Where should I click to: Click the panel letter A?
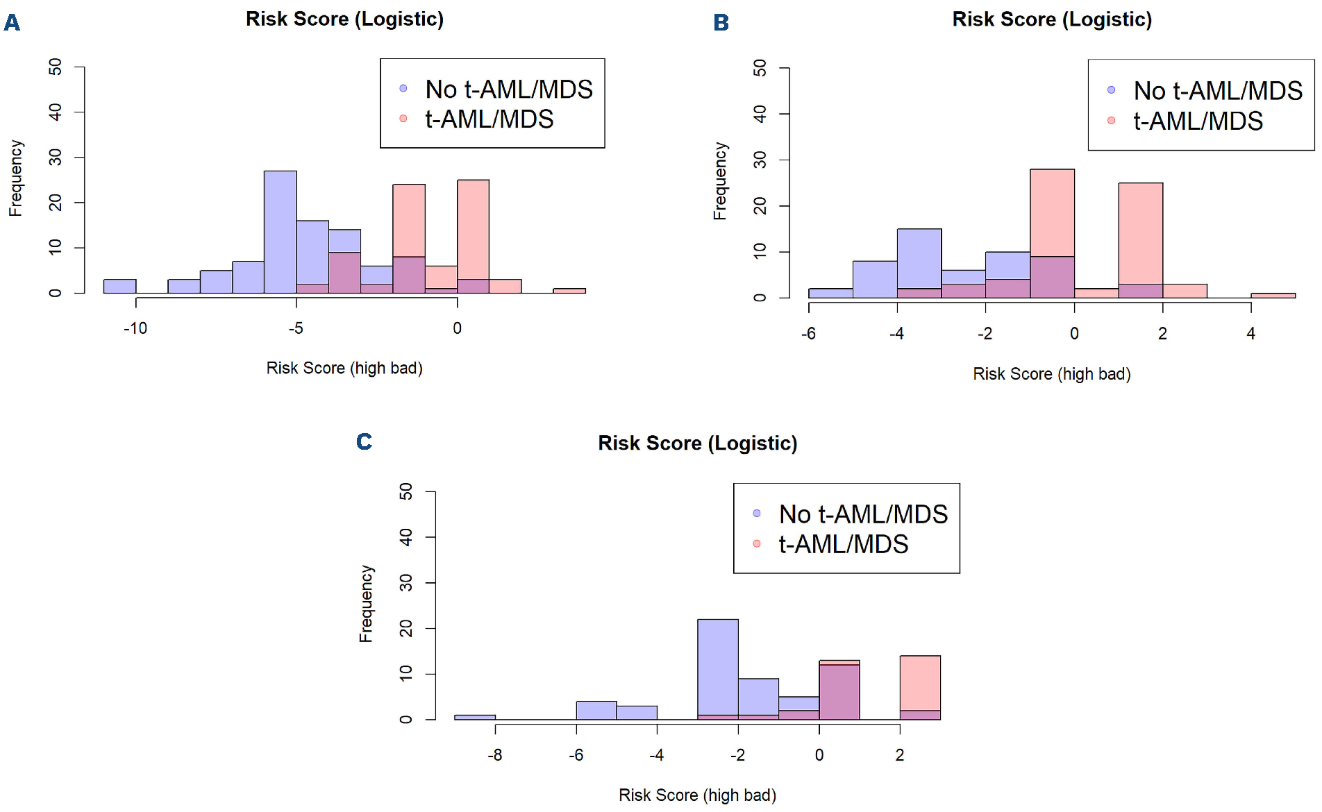coord(12,23)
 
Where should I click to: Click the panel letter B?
coord(721,23)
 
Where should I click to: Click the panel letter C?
coord(364,441)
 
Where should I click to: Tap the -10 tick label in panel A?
coord(135,328)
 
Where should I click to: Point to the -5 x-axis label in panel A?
coord(296,328)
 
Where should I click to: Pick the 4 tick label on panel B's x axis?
coord(1250,334)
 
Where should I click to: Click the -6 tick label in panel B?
coord(808,334)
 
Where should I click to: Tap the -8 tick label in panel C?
coord(494,755)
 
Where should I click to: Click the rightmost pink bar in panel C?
coord(920,684)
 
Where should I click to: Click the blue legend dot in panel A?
coord(403,88)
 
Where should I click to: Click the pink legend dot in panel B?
coord(1111,121)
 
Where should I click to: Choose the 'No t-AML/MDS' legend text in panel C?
coord(863,514)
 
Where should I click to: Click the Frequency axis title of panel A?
coord(16,178)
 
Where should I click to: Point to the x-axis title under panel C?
coord(697,795)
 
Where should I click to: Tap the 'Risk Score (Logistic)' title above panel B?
coord(1051,19)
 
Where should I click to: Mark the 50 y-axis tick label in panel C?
coord(406,491)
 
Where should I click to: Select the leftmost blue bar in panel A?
coord(119,286)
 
